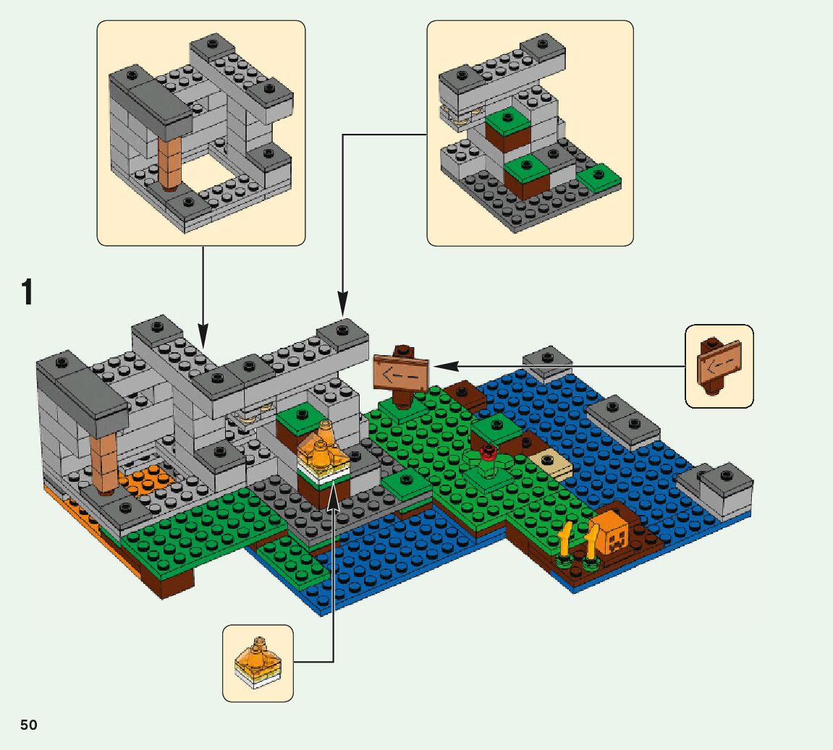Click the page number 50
[28, 725]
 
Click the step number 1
[28, 293]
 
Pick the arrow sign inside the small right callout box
[719, 362]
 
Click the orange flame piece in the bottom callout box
[257, 656]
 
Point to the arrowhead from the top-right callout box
[342, 304]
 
